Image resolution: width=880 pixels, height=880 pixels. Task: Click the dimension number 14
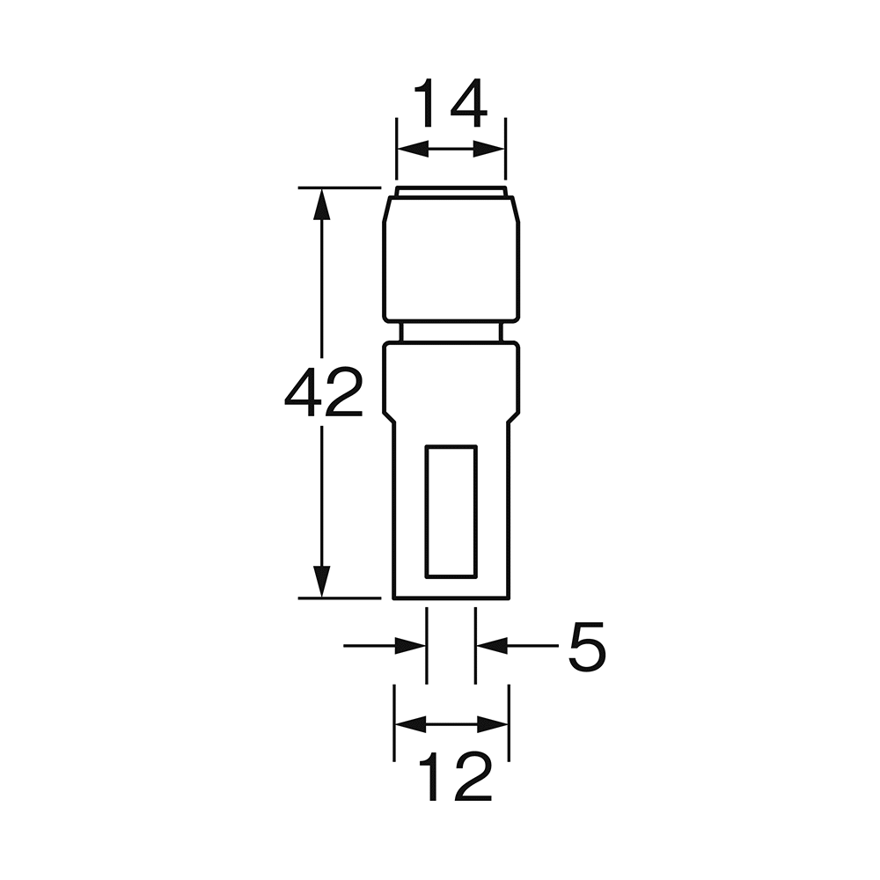point(450,104)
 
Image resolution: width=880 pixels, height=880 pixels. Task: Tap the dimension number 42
point(324,392)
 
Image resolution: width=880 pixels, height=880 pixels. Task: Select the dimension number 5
point(587,646)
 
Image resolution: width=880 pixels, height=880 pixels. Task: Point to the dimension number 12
point(455,776)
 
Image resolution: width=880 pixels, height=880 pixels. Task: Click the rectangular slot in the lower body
point(451,511)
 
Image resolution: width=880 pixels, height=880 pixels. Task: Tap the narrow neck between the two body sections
point(451,333)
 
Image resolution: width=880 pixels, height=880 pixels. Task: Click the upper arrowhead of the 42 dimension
point(321,203)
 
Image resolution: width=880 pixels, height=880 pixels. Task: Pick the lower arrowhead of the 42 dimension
point(321,582)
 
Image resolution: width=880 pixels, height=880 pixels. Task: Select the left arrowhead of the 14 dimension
point(413,150)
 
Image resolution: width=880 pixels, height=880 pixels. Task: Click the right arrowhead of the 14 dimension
point(488,150)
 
